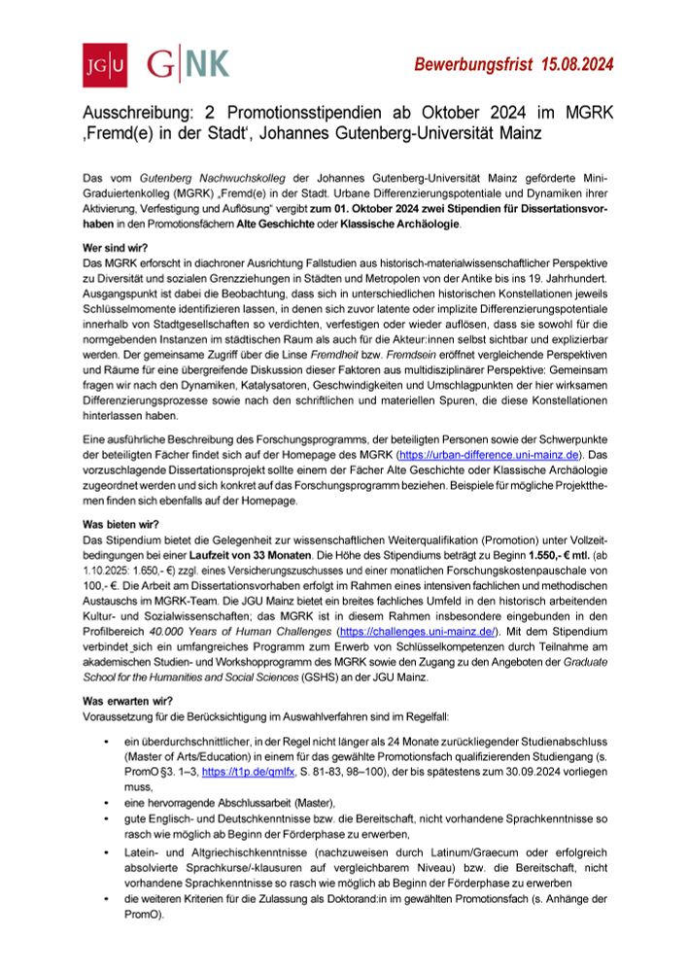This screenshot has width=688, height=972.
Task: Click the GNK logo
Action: (x=189, y=64)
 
